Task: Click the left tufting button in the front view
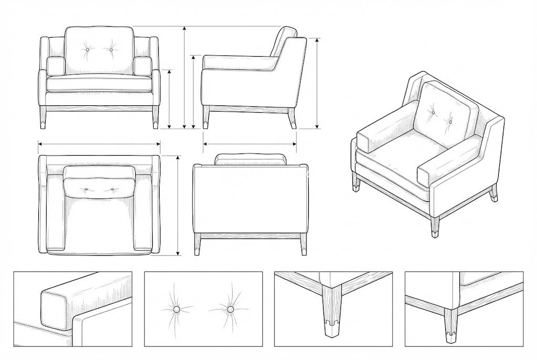[x=87, y=50]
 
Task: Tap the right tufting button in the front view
[x=111, y=50]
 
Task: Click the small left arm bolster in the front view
[x=56, y=66]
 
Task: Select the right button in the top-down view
[x=112, y=188]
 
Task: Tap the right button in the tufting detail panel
[x=230, y=310]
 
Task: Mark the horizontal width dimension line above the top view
[x=99, y=143]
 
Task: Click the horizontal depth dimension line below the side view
[x=250, y=143]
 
